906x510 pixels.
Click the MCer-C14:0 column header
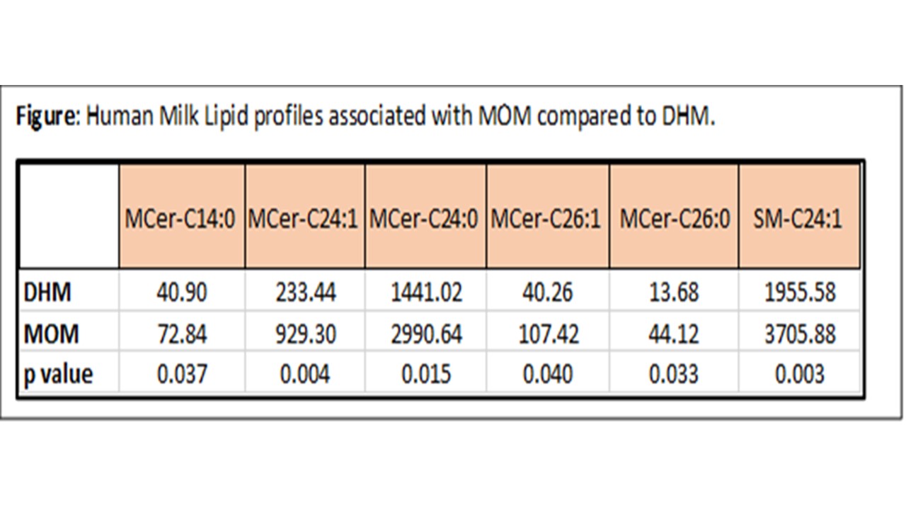pos(180,219)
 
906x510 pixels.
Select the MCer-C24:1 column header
pos(303,219)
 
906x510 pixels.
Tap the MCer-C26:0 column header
pos(675,219)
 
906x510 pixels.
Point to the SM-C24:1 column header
pos(798,219)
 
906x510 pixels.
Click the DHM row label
pos(47,293)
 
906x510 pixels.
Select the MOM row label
pos(52,334)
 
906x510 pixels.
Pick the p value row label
pos(58,375)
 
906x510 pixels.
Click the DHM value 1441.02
pos(426,293)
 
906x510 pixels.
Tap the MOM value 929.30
pos(306,334)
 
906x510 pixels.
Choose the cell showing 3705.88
pos(800,334)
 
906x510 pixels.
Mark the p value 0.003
pos(800,373)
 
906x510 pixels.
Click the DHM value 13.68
pos(674,293)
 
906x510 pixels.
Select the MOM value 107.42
pos(549,334)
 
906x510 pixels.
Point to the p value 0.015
pos(426,373)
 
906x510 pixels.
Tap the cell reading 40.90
pos(182,293)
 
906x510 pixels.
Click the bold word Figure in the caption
pos(49,117)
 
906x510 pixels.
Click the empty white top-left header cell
pos(69,216)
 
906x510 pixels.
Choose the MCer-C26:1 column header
pos(546,219)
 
